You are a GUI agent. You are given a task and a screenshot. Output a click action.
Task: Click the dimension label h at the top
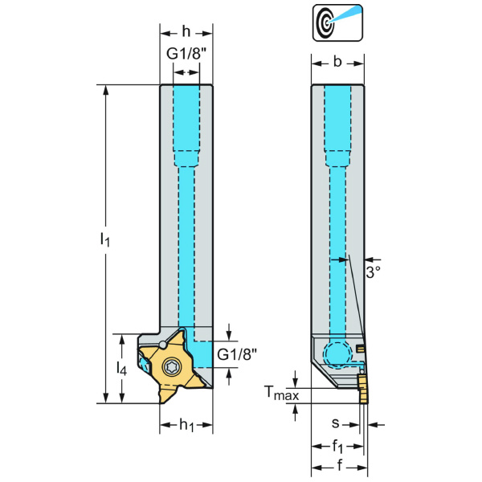(x=186, y=33)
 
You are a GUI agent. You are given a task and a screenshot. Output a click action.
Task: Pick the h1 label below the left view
(x=186, y=425)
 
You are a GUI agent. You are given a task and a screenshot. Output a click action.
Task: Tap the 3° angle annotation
(x=373, y=272)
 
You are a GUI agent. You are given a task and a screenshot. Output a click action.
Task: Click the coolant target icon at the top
(x=337, y=21)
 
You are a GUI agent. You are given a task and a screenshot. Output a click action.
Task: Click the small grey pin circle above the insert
(x=164, y=344)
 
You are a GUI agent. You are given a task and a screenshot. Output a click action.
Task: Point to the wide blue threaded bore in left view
(x=186, y=120)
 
